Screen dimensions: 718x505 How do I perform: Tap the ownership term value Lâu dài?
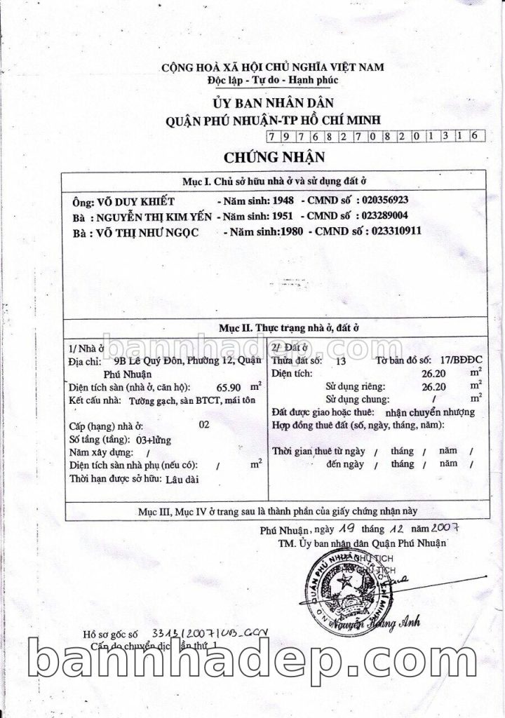tap(182, 480)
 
